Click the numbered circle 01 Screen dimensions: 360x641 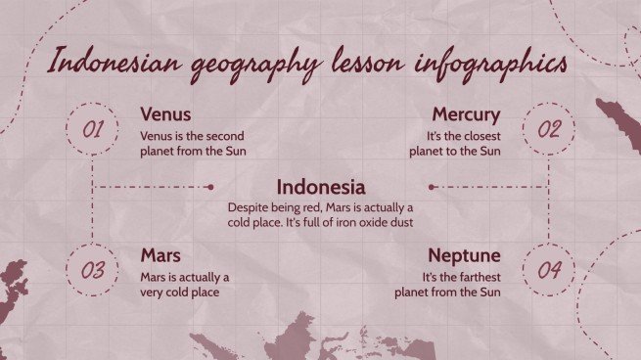pyautogui.click(x=92, y=128)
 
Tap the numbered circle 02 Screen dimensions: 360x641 pyautogui.click(x=549, y=128)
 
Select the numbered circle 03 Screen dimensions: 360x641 pyautogui.click(x=92, y=269)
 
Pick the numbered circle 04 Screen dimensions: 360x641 pyautogui.click(x=549, y=269)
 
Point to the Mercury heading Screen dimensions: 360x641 pyautogui.click(x=466, y=114)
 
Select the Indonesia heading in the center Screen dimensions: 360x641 pyautogui.click(x=321, y=187)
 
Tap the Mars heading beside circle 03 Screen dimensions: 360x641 pyautogui.click(x=160, y=256)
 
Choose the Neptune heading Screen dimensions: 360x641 pyautogui.click(x=464, y=256)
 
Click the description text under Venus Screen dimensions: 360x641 pyautogui.click(x=194, y=143)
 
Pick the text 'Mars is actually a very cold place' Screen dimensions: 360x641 pyautogui.click(x=185, y=284)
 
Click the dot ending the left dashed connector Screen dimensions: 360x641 pyautogui.click(x=210, y=187)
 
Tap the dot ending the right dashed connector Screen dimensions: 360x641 pyautogui.click(x=431, y=187)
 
